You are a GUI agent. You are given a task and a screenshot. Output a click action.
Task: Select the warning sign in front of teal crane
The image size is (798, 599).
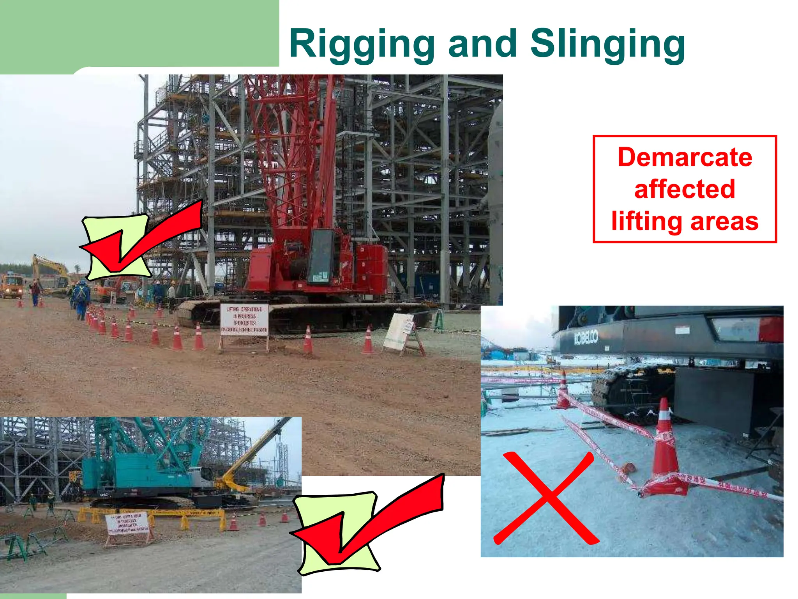click(x=127, y=523)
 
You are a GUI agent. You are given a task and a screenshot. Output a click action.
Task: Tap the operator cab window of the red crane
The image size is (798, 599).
click(x=321, y=255)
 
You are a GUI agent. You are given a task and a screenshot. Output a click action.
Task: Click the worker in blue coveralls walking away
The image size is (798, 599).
click(x=82, y=298)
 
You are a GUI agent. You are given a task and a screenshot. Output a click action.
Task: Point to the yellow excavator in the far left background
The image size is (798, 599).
click(x=51, y=271)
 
